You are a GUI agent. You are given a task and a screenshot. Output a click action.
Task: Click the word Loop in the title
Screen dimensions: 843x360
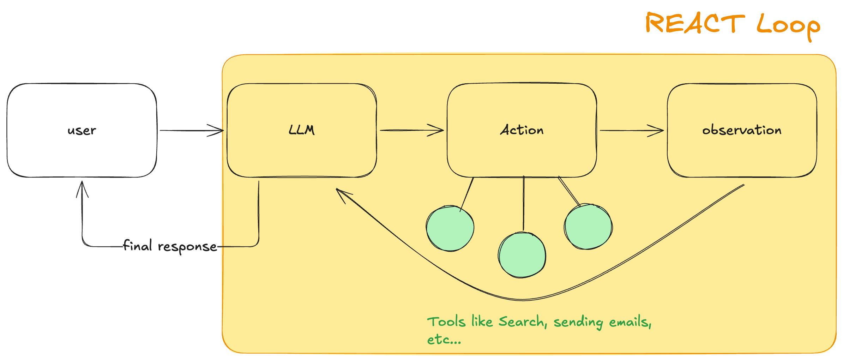coord(789,26)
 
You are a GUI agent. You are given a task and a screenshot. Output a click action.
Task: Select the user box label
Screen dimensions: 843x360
coord(82,131)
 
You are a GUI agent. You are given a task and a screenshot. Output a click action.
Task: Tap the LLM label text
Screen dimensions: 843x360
coord(302,130)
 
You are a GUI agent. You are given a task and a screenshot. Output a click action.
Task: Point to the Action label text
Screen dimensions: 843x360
coord(522,130)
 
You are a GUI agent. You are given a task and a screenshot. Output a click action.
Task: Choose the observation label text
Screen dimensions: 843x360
coord(742,130)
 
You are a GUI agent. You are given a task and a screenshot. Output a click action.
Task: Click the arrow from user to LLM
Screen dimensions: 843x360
coord(192,131)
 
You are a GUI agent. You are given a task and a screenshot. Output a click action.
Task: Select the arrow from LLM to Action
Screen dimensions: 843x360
coord(412,130)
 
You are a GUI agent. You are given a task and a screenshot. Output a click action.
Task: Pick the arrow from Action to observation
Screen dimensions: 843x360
coord(632,131)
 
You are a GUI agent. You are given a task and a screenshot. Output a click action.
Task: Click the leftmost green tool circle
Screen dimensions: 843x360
coord(450,228)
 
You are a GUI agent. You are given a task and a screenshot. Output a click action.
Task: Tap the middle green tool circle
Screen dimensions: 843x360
coord(522,255)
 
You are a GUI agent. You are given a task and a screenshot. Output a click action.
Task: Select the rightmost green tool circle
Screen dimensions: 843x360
coord(588,227)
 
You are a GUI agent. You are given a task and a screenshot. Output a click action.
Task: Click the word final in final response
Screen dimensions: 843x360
coord(137,245)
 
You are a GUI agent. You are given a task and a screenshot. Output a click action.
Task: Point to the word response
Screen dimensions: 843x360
coord(187,247)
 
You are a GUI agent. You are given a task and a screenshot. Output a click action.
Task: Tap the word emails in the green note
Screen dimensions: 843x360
coord(630,322)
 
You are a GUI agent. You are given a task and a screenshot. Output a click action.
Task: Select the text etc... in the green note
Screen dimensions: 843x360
coord(444,340)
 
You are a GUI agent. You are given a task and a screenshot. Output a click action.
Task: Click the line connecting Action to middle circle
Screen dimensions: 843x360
coord(524,204)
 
